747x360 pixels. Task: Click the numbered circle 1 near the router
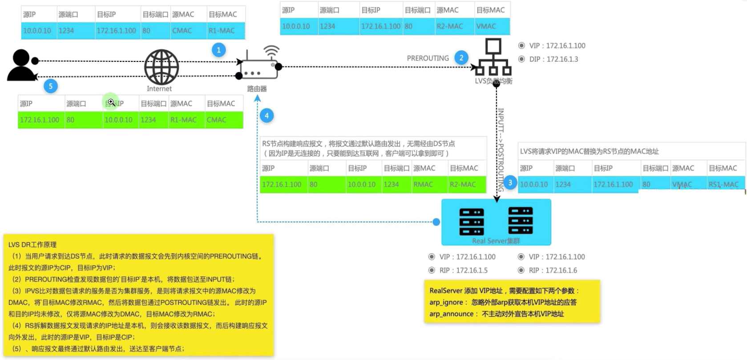tap(218, 50)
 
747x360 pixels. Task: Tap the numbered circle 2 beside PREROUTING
tap(461, 58)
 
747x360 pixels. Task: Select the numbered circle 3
tap(510, 182)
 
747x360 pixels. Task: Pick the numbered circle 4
tap(266, 116)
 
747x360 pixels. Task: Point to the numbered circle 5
tap(51, 86)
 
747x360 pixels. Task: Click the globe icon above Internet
tap(162, 67)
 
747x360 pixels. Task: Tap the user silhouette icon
tap(22, 65)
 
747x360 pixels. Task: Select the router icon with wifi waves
tap(258, 65)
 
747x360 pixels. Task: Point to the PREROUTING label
tap(428, 58)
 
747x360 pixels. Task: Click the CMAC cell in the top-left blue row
tap(182, 31)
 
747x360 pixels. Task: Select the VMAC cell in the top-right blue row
tap(486, 26)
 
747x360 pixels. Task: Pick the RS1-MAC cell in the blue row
tap(723, 184)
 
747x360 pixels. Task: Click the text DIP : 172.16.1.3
tap(553, 59)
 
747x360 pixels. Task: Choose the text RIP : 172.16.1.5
tap(463, 270)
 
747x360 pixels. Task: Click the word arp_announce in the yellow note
tap(451, 314)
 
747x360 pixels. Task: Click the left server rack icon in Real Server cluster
tap(472, 221)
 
